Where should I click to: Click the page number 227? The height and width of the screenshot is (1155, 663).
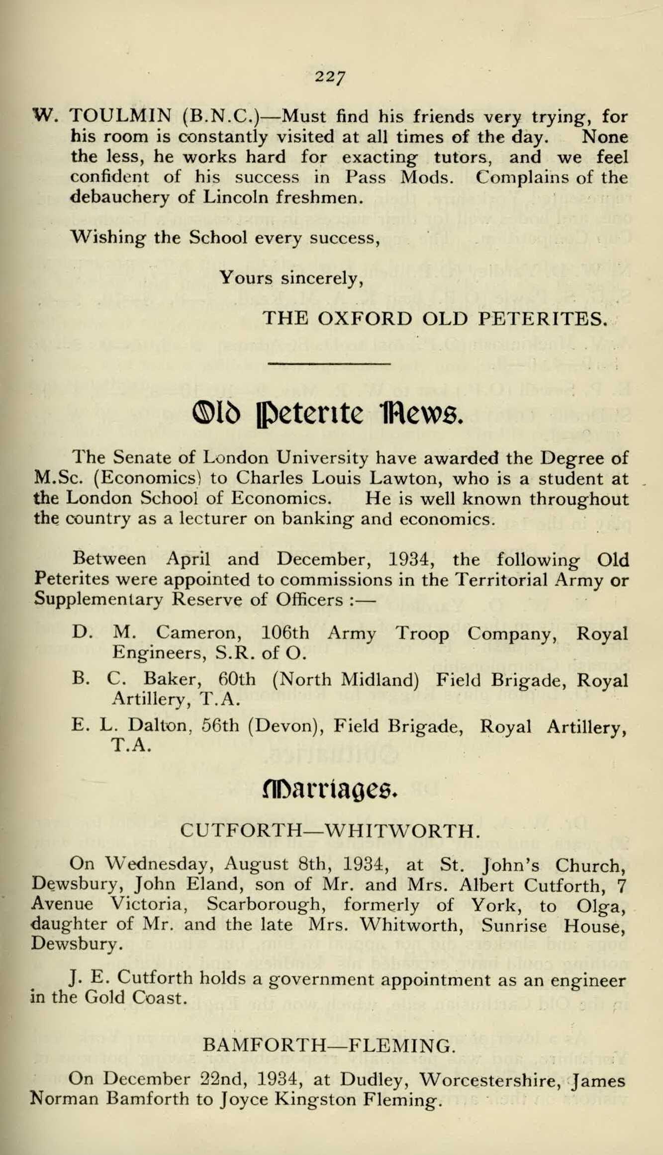point(330,77)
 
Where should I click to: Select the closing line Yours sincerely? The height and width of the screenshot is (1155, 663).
point(291,278)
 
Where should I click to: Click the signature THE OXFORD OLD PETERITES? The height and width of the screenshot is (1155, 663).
point(435,318)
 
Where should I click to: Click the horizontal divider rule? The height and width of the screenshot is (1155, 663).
point(329,364)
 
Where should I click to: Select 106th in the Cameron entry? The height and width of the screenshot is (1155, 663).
point(284,633)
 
